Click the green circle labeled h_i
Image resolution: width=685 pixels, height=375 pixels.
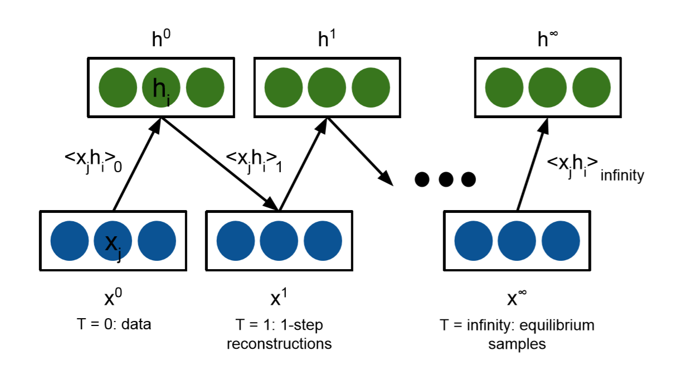point(161,88)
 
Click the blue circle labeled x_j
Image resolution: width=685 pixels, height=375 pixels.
point(113,241)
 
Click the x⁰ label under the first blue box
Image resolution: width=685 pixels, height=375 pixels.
point(113,298)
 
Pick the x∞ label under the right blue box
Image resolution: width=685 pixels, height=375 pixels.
point(516,298)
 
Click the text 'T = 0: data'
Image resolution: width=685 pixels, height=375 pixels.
point(113,324)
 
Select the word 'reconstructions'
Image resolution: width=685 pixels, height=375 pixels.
point(279,344)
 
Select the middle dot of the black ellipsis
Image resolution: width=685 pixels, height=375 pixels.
point(445,179)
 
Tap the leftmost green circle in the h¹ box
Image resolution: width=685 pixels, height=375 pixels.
point(283,88)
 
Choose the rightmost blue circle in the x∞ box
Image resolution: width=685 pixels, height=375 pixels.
point(561,241)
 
